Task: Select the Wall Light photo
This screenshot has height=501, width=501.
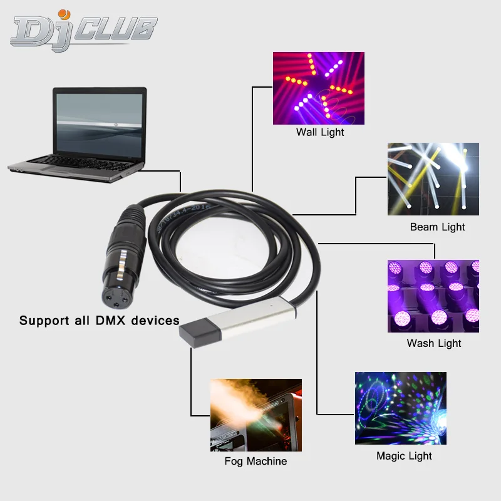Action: pos(318,88)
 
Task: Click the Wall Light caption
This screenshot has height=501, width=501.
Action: pos(320,133)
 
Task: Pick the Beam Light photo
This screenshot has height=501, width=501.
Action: pos(433,179)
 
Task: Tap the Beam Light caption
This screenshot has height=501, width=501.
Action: pos(437,227)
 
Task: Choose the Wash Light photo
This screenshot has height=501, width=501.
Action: pos(433,296)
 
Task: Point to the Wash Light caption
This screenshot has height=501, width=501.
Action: pos(433,343)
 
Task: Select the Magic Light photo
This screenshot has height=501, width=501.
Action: pos(400,408)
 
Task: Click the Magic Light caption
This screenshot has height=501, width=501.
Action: pos(404,456)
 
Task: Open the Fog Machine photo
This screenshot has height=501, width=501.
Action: pos(256,415)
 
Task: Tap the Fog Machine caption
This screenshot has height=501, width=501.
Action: pos(256,462)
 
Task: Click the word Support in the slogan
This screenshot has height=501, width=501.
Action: pos(44,321)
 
